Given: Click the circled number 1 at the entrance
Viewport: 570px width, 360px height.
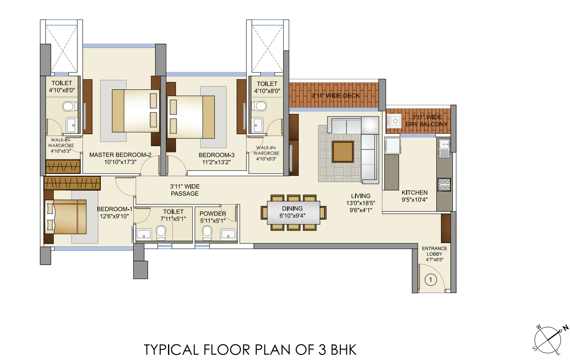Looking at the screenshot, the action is coord(430,280).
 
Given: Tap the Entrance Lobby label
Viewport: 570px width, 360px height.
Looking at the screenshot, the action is coord(434,254).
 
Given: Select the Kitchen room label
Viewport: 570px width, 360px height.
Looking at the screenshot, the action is coord(415,196).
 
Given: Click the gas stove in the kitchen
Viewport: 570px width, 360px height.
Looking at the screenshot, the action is coord(444,185).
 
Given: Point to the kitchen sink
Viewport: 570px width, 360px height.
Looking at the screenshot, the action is coord(444,148).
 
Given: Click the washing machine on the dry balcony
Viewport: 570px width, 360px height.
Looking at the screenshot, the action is coord(394,120).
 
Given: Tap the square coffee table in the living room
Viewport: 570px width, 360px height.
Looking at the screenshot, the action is coord(343,152).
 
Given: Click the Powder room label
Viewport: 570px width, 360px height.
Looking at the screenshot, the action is coord(213,217).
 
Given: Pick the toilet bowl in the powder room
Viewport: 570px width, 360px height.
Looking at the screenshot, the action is coord(207,233).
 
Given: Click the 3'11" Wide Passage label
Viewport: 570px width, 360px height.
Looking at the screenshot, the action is coord(185,190).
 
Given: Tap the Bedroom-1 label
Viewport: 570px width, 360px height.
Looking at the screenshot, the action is coord(115,213).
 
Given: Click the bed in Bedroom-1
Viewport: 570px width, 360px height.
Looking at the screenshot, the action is coord(66,217).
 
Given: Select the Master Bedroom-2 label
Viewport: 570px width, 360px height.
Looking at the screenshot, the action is coord(120,158).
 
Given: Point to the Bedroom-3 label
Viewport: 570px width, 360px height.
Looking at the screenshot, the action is coord(217,158).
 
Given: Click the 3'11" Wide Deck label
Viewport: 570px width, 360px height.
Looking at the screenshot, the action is coord(336,96).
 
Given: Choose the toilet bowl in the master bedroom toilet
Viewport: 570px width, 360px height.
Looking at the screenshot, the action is coord(70,106).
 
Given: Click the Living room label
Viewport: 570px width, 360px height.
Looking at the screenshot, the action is coord(361,203).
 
